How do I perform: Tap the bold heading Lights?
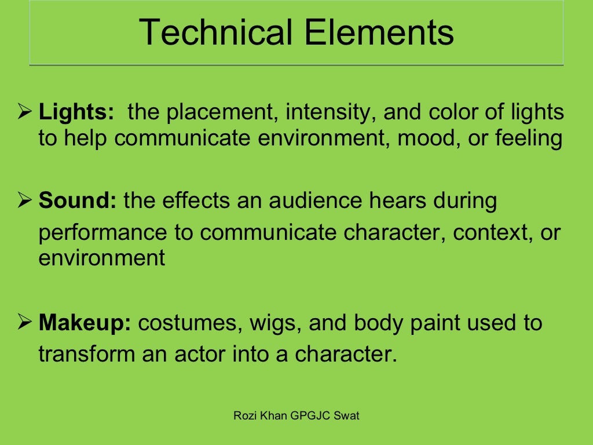click(76, 112)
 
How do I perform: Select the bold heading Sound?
click(78, 201)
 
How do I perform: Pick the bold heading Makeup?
click(85, 323)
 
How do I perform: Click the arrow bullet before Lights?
click(25, 112)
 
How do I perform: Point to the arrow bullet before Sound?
click(25, 201)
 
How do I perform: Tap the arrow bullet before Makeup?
click(25, 323)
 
